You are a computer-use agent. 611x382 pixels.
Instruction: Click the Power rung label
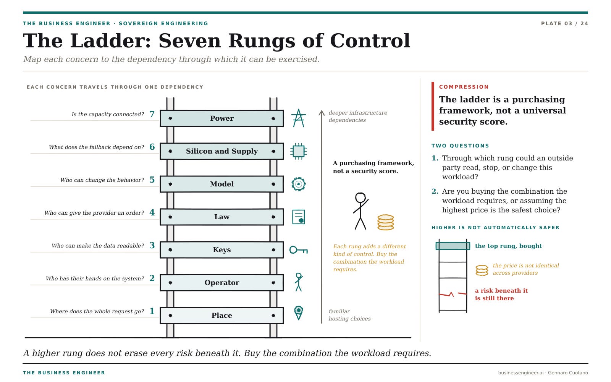pyautogui.click(x=222, y=118)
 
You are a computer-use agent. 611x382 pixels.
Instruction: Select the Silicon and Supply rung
pyautogui.click(x=222, y=151)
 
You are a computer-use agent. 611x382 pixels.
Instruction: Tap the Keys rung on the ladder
pyautogui.click(x=222, y=250)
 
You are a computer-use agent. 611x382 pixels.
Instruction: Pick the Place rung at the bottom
pyautogui.click(x=222, y=316)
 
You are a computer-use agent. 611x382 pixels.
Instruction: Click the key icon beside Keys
pyautogui.click(x=298, y=250)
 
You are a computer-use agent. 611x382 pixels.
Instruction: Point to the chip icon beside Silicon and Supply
pyautogui.click(x=298, y=151)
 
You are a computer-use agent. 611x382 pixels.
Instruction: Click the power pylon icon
pyautogui.click(x=298, y=118)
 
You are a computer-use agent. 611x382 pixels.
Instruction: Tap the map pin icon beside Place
pyautogui.click(x=298, y=313)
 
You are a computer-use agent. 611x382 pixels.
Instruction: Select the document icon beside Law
pyautogui.click(x=298, y=217)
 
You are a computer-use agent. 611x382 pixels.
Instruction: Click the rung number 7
pyautogui.click(x=152, y=114)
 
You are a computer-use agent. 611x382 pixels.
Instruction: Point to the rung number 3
pyautogui.click(x=152, y=246)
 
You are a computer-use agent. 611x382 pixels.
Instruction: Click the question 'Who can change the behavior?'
pyautogui.click(x=102, y=180)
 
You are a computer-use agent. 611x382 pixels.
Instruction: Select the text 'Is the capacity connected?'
pyautogui.click(x=107, y=114)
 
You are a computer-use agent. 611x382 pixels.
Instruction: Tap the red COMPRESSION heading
pyautogui.click(x=464, y=87)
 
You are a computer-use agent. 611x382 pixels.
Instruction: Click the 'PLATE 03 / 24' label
pyautogui.click(x=564, y=23)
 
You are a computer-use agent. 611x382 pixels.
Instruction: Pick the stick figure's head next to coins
pyautogui.click(x=360, y=197)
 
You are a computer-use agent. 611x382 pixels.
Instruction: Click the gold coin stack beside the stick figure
pyautogui.click(x=386, y=222)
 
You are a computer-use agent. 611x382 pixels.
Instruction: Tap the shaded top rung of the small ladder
pyautogui.click(x=453, y=246)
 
